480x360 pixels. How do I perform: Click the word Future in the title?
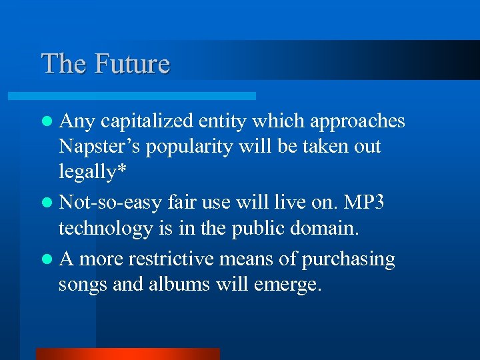click(132, 64)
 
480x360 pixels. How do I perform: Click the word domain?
click(327, 229)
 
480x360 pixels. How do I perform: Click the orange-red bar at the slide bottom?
click(127, 353)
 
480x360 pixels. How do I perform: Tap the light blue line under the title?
click(147, 96)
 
